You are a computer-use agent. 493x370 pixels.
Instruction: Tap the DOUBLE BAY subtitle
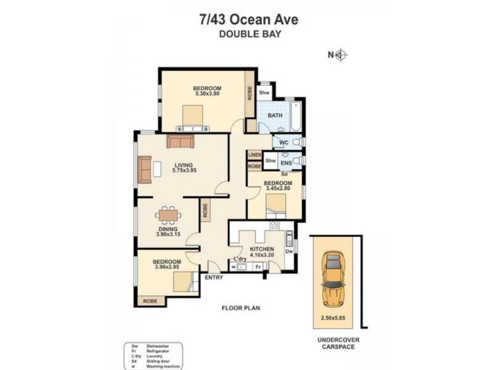(250, 35)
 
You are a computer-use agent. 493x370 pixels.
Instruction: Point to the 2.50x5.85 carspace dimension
(333, 318)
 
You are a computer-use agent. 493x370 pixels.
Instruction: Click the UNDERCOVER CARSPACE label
(338, 343)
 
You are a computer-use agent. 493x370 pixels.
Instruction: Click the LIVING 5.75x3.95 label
(184, 168)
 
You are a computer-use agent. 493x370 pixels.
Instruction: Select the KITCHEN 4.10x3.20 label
(262, 252)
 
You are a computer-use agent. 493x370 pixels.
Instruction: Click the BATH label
(274, 115)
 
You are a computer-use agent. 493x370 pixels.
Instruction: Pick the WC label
(283, 142)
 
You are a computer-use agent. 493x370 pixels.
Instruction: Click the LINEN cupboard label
(255, 155)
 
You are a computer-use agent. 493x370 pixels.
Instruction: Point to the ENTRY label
(214, 277)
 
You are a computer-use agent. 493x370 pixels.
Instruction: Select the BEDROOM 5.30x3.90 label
(208, 91)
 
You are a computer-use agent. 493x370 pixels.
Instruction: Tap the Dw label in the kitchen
(288, 251)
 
